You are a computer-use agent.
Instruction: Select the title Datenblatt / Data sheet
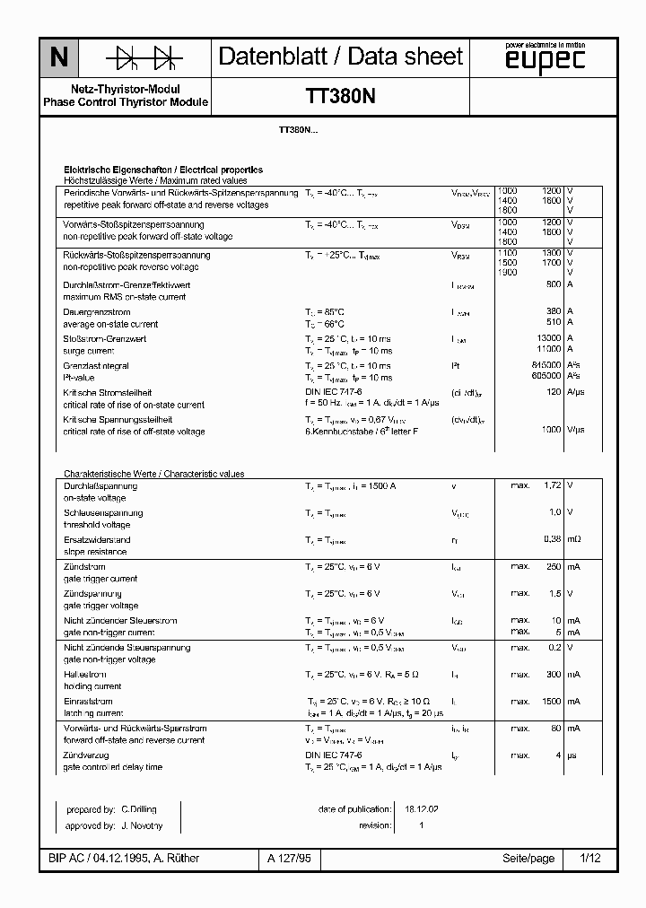point(341,57)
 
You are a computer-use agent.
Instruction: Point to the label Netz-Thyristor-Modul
point(126,90)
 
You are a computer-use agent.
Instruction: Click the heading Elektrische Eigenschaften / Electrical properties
point(162,170)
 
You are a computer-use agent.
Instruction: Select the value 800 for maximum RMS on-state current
point(553,284)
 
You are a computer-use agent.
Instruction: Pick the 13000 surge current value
point(548,338)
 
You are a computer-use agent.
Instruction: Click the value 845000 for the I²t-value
point(546,366)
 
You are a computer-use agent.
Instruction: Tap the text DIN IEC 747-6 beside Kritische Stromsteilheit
point(334,393)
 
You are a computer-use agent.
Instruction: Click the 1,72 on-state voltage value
point(552,485)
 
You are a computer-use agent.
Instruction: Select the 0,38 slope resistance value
point(552,539)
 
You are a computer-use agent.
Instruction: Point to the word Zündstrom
point(84,567)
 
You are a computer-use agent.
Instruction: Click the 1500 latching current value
point(551,701)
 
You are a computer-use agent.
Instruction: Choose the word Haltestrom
point(86,675)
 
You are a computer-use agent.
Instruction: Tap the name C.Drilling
point(140,808)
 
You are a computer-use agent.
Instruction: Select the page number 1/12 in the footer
point(590,859)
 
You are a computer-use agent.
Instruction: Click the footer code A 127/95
point(289,859)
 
